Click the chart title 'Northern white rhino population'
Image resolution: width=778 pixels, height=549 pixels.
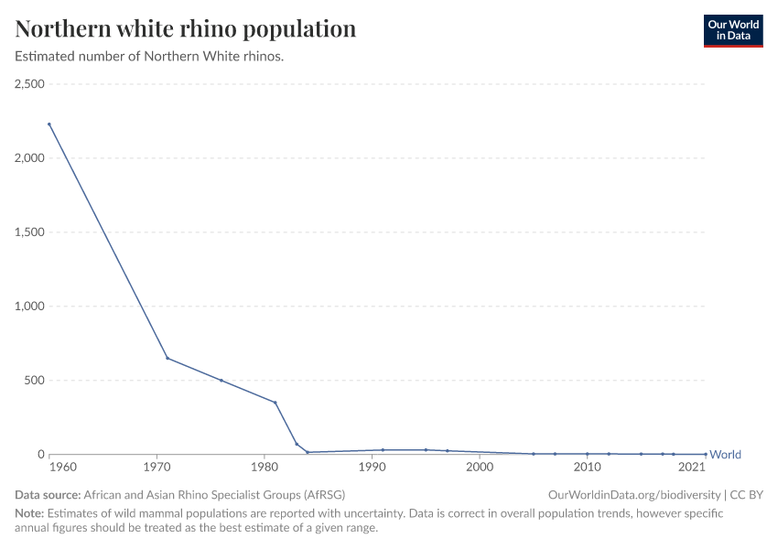point(186,28)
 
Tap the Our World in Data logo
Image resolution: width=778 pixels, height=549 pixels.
point(732,30)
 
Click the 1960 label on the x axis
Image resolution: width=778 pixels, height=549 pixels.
point(62,468)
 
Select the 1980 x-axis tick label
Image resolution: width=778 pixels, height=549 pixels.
point(265,468)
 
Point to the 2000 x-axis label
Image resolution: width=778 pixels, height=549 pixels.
point(480,468)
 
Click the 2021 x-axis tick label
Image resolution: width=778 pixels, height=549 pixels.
point(691,468)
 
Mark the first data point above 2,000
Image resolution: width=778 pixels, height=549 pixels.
point(49,124)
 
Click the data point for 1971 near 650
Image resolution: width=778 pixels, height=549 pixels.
point(167,358)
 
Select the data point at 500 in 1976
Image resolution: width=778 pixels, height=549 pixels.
point(222,381)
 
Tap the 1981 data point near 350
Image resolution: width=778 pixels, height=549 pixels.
point(275,403)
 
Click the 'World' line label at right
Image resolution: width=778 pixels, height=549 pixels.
point(725,455)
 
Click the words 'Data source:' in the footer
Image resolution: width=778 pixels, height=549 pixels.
point(48,494)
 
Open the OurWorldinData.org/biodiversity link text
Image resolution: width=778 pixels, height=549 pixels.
point(633,494)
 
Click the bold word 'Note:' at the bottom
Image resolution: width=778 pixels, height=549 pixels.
point(29,513)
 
